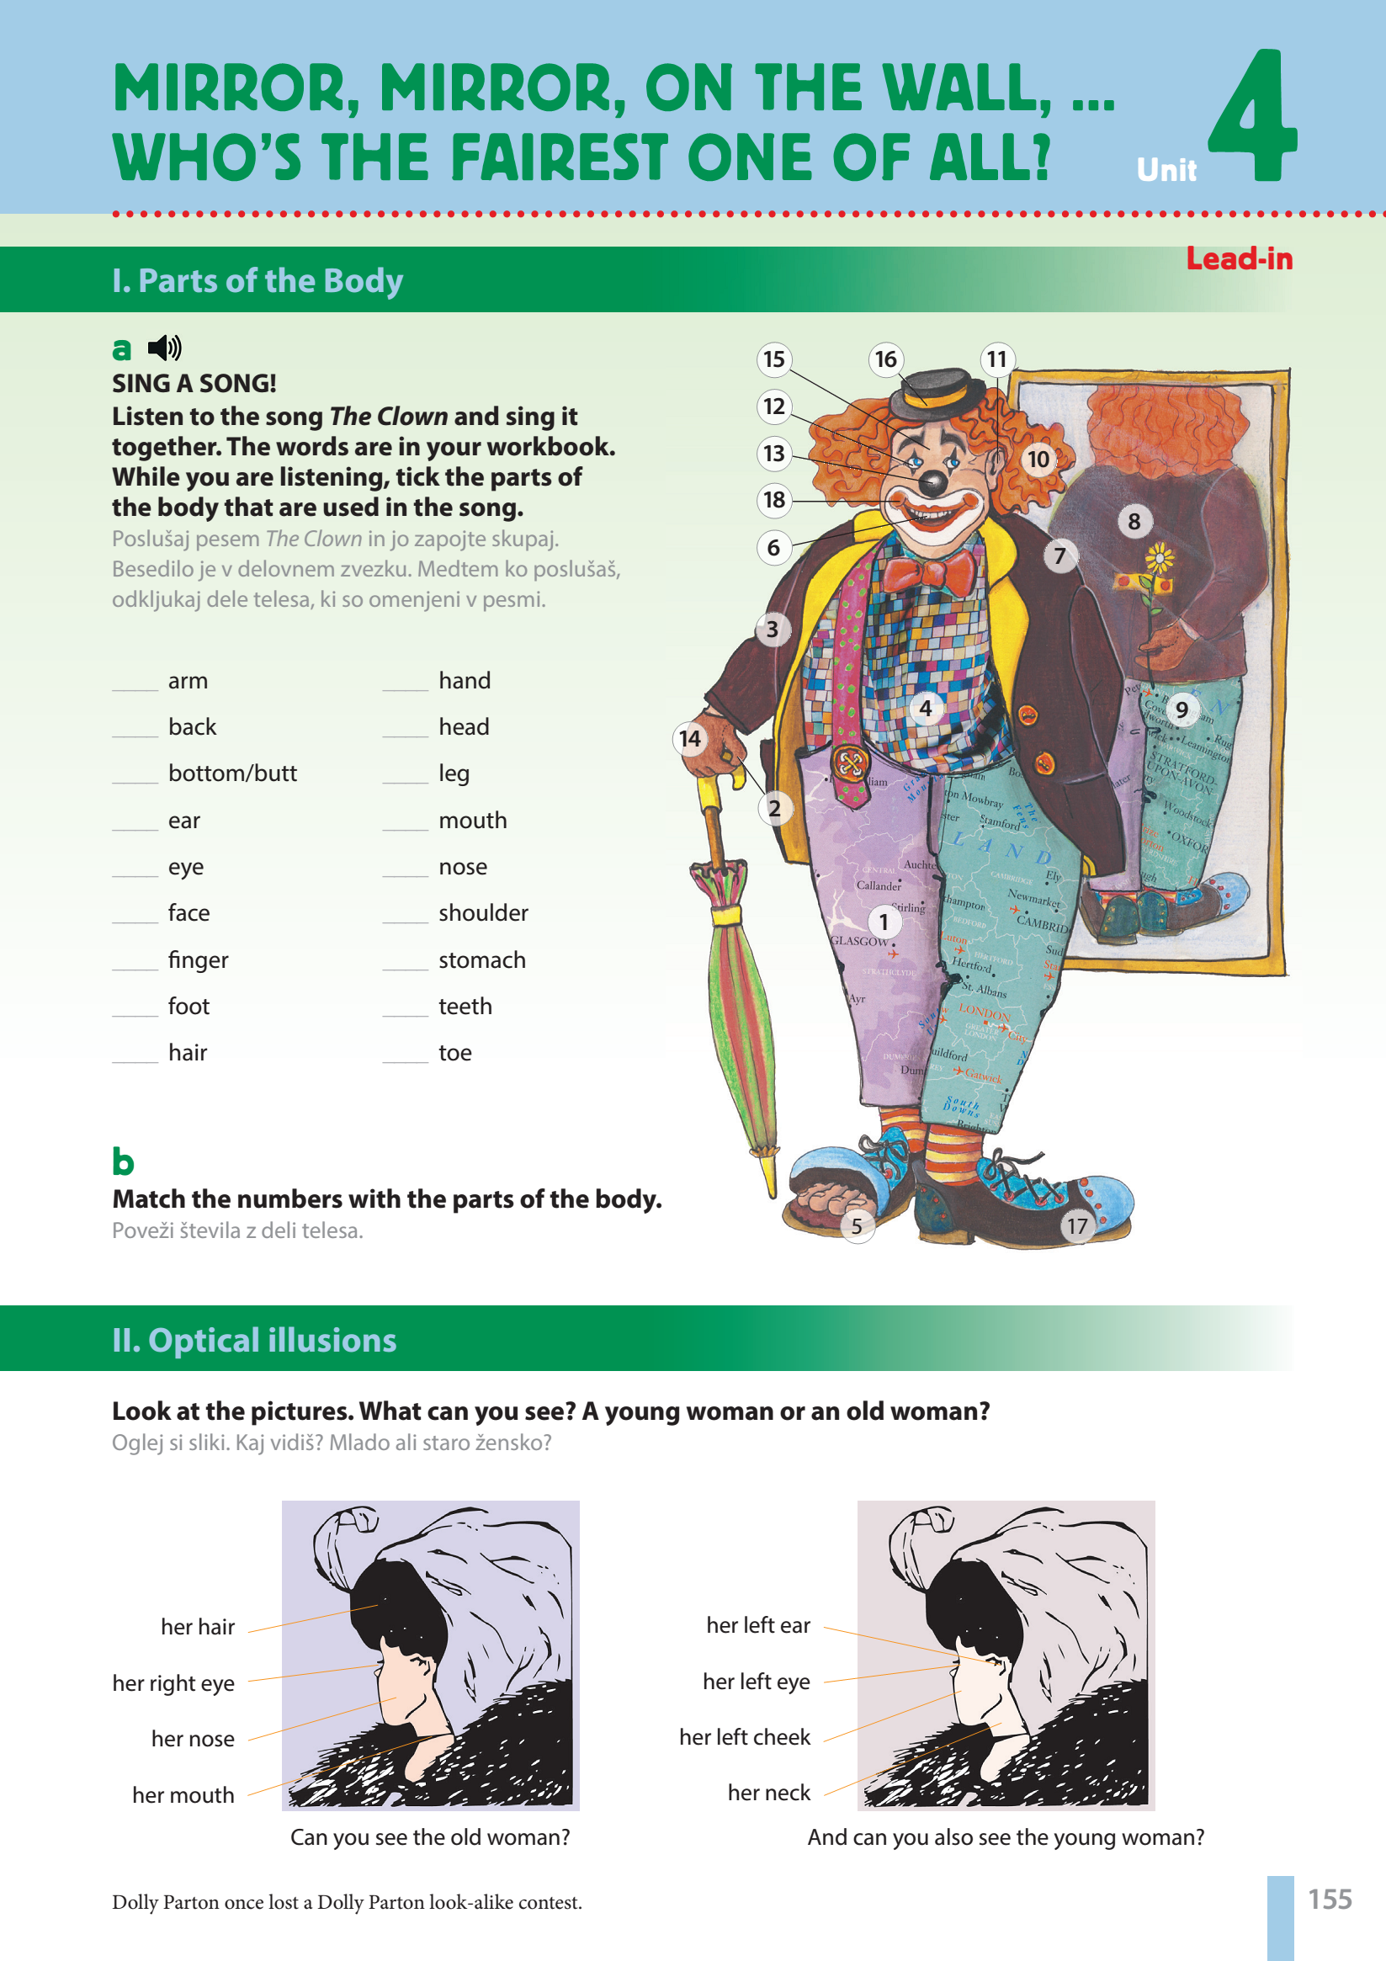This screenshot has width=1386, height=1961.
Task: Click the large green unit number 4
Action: pyautogui.click(x=1252, y=115)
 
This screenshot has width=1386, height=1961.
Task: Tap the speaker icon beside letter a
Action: pyautogui.click(x=164, y=348)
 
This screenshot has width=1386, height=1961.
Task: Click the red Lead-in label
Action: pyautogui.click(x=1238, y=258)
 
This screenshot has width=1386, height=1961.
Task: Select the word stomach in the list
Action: pyautogui.click(x=481, y=960)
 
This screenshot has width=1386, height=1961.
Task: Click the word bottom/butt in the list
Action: pyautogui.click(x=232, y=773)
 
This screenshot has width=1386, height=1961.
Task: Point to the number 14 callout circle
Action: pyautogui.click(x=690, y=739)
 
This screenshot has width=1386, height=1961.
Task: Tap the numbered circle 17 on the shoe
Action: pyautogui.click(x=1077, y=1226)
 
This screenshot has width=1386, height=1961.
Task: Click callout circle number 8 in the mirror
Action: pyautogui.click(x=1134, y=521)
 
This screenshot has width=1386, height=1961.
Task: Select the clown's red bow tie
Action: pyautogui.click(x=927, y=571)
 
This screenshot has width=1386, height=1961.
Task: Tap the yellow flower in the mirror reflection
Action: pyautogui.click(x=1159, y=560)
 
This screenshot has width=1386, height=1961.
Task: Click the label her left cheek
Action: pyautogui.click(x=745, y=1737)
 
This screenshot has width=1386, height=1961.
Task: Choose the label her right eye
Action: pyautogui.click(x=173, y=1683)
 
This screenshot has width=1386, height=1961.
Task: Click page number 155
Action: pyautogui.click(x=1330, y=1899)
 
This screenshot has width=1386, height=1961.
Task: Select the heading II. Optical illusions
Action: pyautogui.click(x=254, y=1340)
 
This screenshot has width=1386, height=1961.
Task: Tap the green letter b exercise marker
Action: pyautogui.click(x=123, y=1161)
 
